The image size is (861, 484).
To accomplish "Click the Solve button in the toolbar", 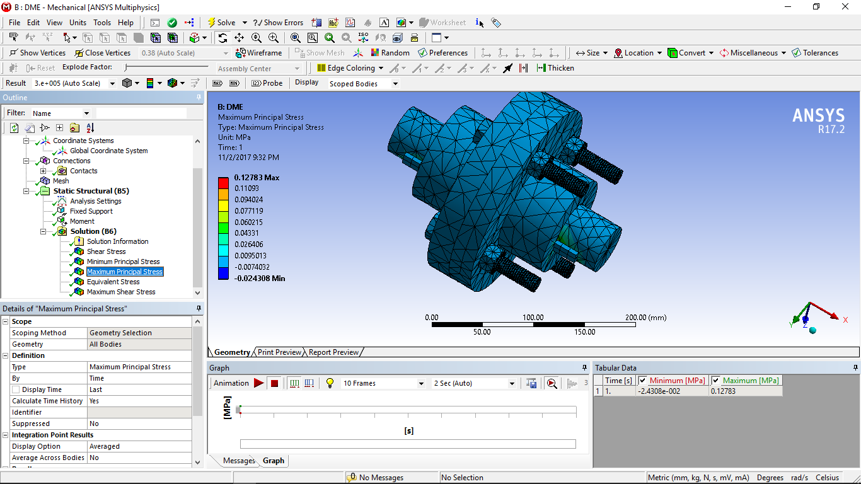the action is [222, 23].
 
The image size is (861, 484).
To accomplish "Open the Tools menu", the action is [102, 23].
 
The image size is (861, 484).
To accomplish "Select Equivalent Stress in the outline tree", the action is [113, 282].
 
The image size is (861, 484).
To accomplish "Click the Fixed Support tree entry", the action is [91, 211].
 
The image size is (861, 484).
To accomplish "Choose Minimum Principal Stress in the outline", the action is [123, 262].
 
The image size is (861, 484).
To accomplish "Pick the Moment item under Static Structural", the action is [82, 221].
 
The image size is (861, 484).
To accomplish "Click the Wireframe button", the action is [259, 53].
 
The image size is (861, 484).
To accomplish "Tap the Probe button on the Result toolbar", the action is [267, 83].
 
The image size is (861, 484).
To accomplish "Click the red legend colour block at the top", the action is [223, 183].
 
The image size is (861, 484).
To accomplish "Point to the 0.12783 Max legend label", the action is [257, 178].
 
